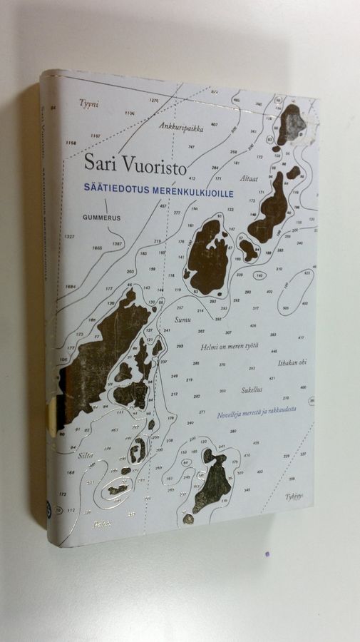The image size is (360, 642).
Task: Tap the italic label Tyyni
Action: pyautogui.click(x=85, y=103)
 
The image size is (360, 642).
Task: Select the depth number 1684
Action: pyautogui.click(x=70, y=287)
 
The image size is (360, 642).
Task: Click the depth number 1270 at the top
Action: pyautogui.click(x=154, y=101)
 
